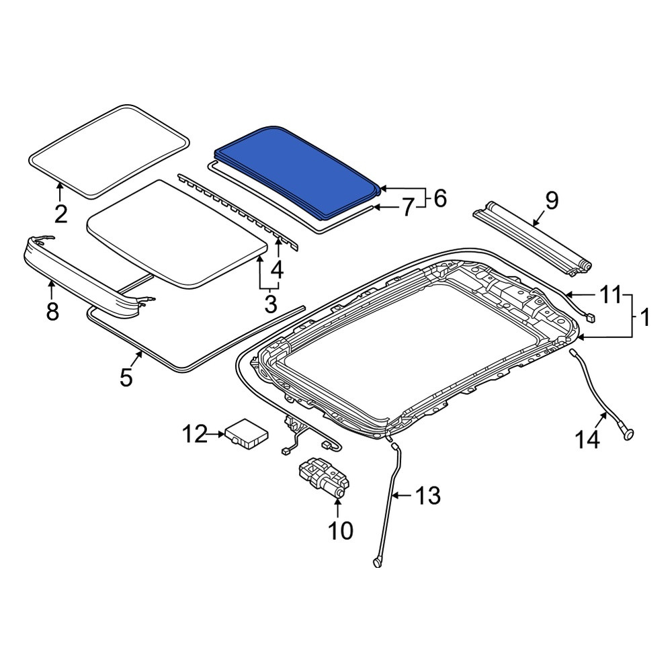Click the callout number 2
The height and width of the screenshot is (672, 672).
(x=61, y=214)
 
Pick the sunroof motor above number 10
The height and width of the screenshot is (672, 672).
(x=325, y=478)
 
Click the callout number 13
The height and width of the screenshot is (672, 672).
(x=427, y=496)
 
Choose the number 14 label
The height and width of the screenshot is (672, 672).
(x=587, y=439)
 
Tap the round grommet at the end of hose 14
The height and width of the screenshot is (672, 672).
(x=627, y=433)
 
